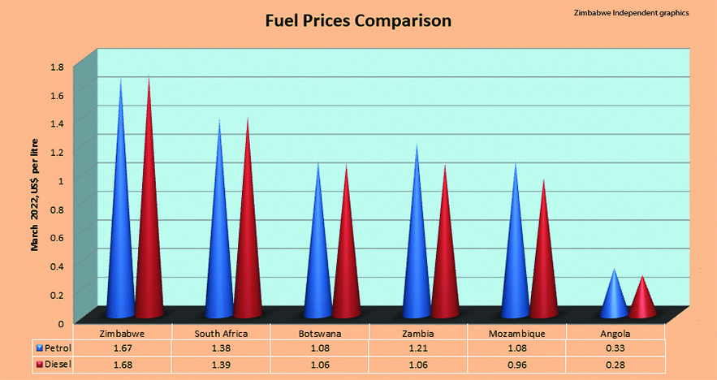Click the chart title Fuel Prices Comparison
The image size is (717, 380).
click(x=358, y=21)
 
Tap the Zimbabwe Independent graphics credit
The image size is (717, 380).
click(x=630, y=12)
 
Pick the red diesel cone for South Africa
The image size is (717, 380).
click(x=248, y=244)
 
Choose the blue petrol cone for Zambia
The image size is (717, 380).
click(x=417, y=252)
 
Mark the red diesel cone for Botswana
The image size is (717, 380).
click(x=347, y=260)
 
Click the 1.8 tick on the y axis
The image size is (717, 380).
click(x=57, y=66)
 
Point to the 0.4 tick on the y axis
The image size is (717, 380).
click(x=57, y=266)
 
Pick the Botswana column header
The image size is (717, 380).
click(x=319, y=334)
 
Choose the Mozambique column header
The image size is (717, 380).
click(x=516, y=334)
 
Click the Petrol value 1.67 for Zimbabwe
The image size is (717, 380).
click(x=122, y=349)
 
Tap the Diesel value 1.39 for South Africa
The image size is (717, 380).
click(x=221, y=365)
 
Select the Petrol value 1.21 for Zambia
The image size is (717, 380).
click(x=417, y=349)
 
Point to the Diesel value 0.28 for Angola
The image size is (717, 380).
click(x=615, y=365)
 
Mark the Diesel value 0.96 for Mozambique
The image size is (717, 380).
click(x=516, y=365)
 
